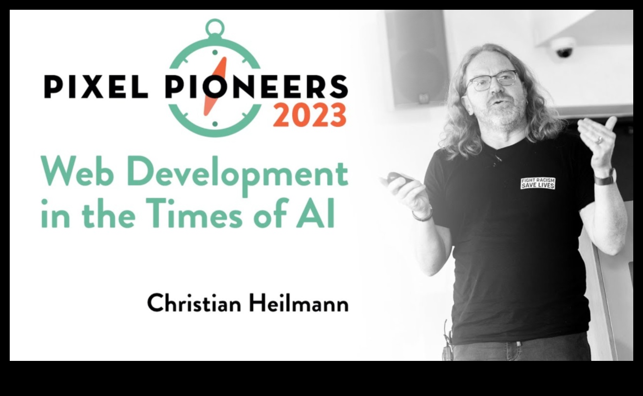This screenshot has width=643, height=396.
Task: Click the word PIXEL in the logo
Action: [x=96, y=87]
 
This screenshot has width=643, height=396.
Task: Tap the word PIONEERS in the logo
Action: [x=256, y=86]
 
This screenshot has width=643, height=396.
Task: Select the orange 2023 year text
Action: [x=310, y=115]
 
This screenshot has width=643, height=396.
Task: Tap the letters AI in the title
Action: [x=316, y=213]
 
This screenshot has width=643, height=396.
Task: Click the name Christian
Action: [x=194, y=303]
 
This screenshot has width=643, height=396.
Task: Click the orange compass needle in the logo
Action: [x=215, y=86]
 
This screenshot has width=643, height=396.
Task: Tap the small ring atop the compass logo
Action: [x=215, y=28]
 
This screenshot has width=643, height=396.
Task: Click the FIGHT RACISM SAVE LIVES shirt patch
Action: [x=538, y=183]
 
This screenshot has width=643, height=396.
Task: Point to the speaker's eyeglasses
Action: [x=492, y=81]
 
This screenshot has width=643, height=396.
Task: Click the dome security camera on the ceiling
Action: [x=563, y=47]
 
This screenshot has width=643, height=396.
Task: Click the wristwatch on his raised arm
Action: [x=605, y=178]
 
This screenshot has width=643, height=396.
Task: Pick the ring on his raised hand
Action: [x=600, y=140]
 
